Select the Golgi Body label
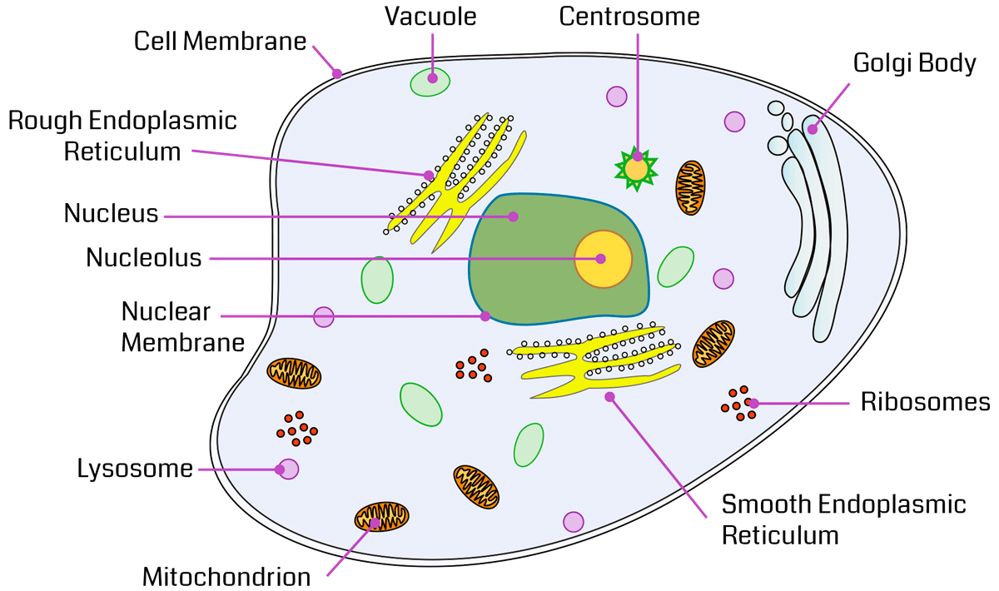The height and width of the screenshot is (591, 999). click(914, 64)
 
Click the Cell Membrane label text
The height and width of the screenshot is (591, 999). click(221, 42)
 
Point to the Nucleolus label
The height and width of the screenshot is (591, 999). click(144, 258)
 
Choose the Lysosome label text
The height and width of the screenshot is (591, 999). click(135, 469)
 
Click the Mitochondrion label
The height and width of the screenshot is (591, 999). click(226, 577)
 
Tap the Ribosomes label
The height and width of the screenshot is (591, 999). click(925, 403)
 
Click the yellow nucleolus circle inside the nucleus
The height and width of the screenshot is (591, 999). click(603, 259)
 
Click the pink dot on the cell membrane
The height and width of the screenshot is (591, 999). click(337, 73)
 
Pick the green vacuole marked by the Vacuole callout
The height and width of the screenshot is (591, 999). click(430, 81)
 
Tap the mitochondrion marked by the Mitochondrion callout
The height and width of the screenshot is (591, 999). click(381, 517)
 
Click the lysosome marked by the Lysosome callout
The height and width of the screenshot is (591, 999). click(288, 469)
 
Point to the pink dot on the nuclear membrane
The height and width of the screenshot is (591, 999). click(485, 316)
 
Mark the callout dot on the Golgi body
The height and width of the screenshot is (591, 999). click(812, 129)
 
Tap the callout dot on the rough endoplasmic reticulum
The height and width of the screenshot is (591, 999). click(429, 175)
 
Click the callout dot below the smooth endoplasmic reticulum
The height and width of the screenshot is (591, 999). click(609, 396)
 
